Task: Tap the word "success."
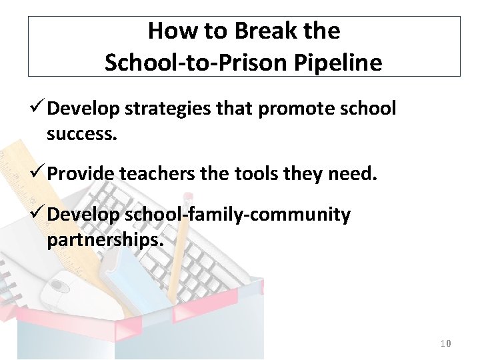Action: [x=82, y=134]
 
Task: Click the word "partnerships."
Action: [x=105, y=240]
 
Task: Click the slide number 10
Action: [x=446, y=343]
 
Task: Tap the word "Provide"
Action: [x=81, y=175]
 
